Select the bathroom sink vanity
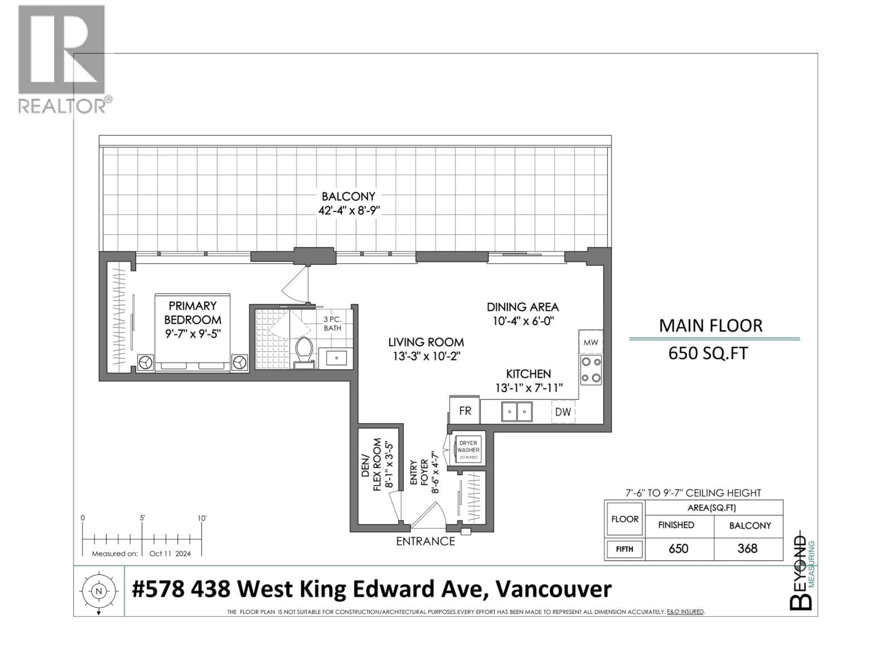(x=336, y=358)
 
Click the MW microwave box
(x=591, y=342)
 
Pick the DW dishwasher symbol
(x=563, y=412)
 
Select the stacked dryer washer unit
(x=468, y=450)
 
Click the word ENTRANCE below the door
(x=425, y=541)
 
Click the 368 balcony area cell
(x=747, y=548)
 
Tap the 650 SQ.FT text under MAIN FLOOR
(x=708, y=353)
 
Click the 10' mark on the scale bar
(x=202, y=518)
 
